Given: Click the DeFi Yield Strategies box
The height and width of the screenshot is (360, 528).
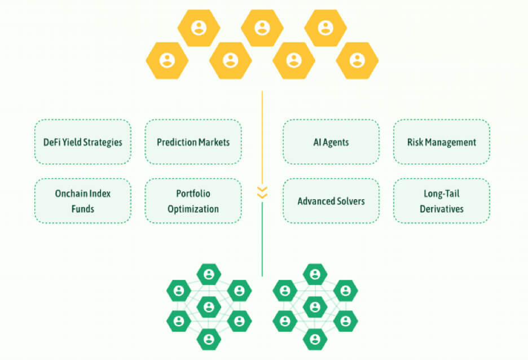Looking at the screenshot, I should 82,142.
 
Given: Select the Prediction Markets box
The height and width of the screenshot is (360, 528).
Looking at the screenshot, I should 193,142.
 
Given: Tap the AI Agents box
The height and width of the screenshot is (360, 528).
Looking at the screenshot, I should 331,142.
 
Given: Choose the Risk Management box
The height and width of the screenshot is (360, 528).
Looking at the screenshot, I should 441,142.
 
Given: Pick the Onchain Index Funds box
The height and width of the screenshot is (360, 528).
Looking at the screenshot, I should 82,201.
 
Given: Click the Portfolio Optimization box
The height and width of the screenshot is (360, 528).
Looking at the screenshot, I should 193,201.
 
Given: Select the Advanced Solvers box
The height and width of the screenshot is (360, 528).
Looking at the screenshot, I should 331,201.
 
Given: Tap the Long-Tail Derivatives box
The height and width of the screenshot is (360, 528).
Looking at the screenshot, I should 441,201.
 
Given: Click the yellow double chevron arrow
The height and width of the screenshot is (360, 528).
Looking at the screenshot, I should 262,192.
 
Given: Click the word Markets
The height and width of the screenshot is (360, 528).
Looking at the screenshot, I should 214,142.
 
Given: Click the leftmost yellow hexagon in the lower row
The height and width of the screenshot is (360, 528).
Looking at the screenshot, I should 167,60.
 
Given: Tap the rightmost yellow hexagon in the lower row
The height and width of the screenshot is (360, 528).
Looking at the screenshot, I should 357,60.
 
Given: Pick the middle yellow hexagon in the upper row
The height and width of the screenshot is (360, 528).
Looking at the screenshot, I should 262,28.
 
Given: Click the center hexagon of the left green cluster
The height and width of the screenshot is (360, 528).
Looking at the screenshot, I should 209,306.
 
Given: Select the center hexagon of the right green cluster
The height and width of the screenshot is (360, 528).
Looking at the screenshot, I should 315,306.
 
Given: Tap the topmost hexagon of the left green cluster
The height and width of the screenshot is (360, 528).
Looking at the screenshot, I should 209,274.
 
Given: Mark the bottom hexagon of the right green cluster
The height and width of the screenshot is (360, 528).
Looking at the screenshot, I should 315,339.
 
